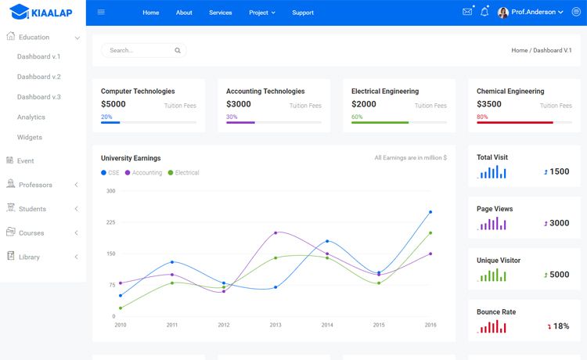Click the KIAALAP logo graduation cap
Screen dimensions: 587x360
coord(20,12)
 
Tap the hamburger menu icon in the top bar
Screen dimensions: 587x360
coord(101,12)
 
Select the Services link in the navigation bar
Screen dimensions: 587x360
coord(221,13)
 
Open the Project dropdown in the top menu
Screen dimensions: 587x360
coord(262,13)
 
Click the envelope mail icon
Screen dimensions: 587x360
coord(467,12)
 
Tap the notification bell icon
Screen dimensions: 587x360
coord(484,12)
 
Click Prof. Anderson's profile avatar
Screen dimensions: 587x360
coord(502,13)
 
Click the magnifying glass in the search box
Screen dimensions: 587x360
coord(178,51)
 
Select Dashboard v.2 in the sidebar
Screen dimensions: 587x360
coord(39,77)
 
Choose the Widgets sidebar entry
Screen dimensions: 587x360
coord(30,137)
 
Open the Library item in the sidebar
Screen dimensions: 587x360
coord(29,257)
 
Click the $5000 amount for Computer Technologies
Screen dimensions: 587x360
coord(113,104)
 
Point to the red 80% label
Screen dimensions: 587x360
coord(482,117)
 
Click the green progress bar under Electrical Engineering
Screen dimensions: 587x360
coord(380,122)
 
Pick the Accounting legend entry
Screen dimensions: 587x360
coord(143,172)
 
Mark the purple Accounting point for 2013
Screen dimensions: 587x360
coord(275,232)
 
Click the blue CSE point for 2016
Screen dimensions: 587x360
coord(430,212)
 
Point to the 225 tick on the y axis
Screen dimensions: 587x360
coord(111,222)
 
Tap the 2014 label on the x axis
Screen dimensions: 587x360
coord(327,325)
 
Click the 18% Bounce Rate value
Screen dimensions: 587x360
coord(561,326)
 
